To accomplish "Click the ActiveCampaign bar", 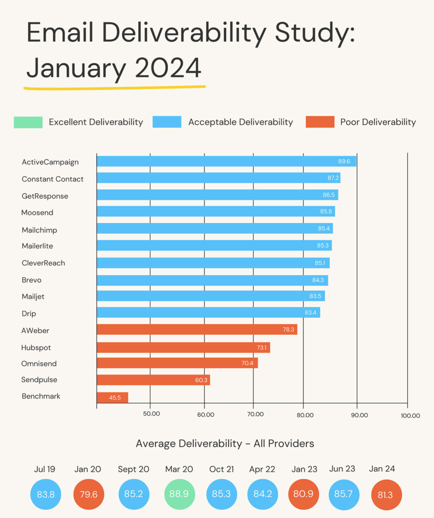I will [x=226, y=161].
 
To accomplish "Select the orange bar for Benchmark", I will [x=112, y=398].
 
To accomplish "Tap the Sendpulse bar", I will [x=153, y=380].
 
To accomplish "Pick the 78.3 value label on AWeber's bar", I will [x=288, y=330].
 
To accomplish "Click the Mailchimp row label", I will [x=39, y=230].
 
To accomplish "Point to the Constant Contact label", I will [x=53, y=179].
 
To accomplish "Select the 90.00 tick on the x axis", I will [x=359, y=415].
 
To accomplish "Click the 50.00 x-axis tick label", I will [x=152, y=414].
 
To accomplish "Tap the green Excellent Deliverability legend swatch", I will [x=28, y=122].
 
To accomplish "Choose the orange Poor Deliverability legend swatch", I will [x=320, y=122].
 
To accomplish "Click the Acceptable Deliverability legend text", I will [x=240, y=122].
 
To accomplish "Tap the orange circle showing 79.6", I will [x=88, y=494].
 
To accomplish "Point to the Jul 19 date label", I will [x=44, y=469].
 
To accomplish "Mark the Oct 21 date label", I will [x=221, y=469].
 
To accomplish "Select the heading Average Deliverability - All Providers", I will [x=225, y=444].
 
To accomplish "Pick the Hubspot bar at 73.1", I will [x=183, y=348].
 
